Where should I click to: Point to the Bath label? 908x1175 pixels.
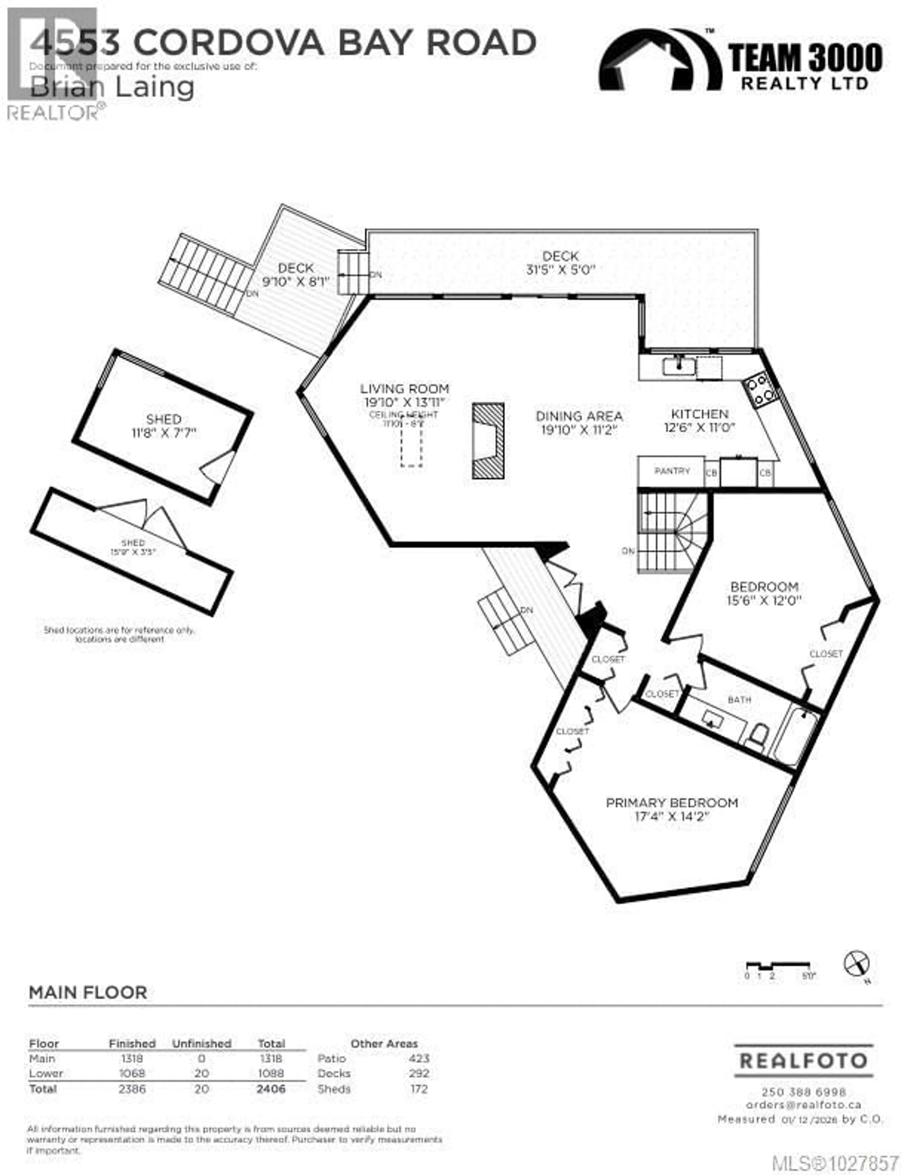[739, 699]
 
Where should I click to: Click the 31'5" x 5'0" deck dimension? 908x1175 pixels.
[560, 270]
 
